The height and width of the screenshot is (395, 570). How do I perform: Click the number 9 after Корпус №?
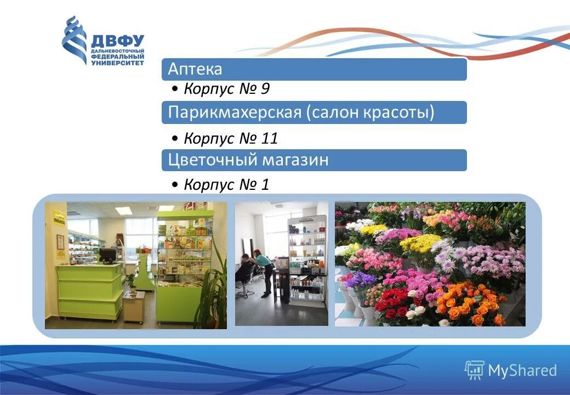(265, 89)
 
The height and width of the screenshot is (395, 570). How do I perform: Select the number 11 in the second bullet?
(269, 138)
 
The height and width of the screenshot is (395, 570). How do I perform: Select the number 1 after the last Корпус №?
(265, 185)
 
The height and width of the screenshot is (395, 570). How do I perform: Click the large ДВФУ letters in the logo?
(117, 41)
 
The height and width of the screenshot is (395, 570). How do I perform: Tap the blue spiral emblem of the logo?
(74, 39)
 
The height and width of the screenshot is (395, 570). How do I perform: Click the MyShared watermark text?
(522, 371)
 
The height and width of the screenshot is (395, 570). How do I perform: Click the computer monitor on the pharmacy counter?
(107, 255)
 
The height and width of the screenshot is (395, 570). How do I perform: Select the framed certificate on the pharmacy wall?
(60, 242)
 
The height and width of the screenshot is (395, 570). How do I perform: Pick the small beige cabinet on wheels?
(134, 306)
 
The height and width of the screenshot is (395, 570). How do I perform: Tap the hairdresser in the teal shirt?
(263, 269)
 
